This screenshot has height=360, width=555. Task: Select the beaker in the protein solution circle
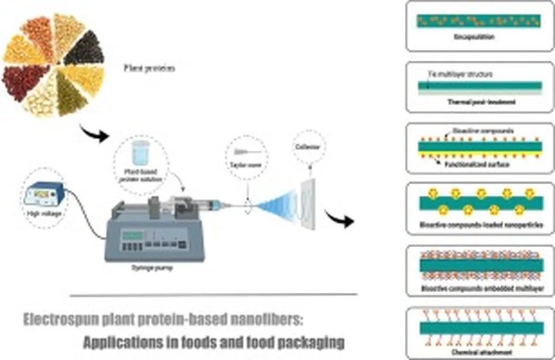(141, 152)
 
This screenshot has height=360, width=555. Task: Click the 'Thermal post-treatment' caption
(479, 101)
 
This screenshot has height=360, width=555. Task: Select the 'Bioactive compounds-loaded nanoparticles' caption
(480, 224)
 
